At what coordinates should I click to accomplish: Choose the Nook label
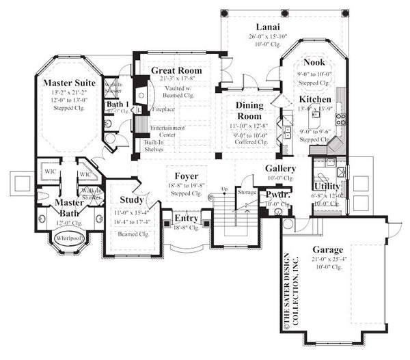pos(314,61)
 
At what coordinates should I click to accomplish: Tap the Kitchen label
pos(315,98)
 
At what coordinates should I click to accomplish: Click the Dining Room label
pos(249,111)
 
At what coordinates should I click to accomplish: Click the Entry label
pos(187,219)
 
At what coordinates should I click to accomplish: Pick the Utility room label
pos(327,186)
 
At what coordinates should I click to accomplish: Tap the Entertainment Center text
pos(163,130)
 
